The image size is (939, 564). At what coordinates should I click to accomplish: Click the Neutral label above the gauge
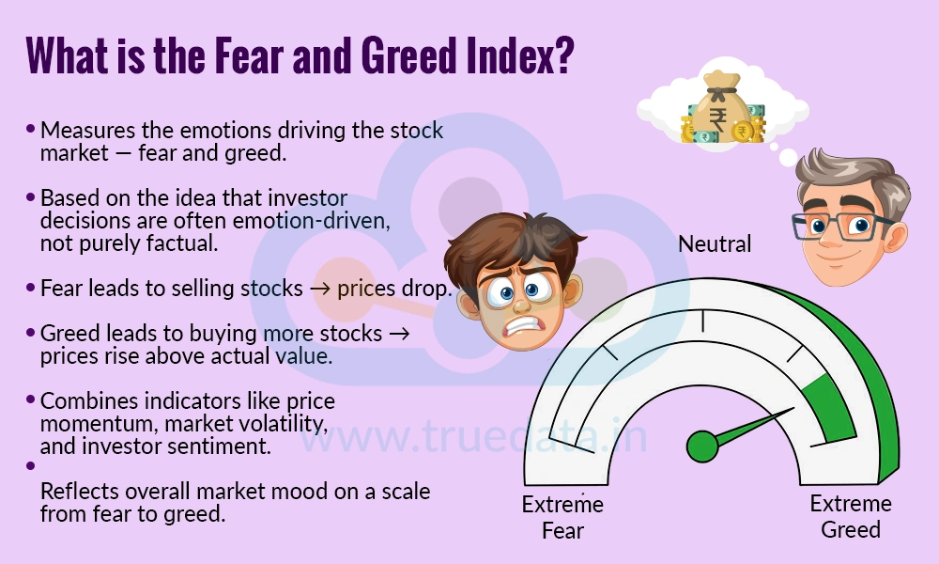716,244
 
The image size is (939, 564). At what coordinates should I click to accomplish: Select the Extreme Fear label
562,517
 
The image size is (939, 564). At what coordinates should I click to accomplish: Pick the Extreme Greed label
851,516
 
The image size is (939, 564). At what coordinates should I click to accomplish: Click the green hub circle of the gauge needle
701,446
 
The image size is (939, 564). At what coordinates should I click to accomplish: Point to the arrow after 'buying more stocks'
399,335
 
